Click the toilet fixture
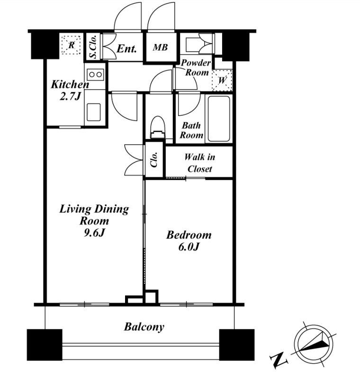tap(158, 128)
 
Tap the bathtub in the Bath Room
tap(219, 119)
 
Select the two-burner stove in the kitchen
tap(95, 74)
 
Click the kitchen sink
tap(93, 112)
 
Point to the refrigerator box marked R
tap(71, 45)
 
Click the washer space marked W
tap(222, 80)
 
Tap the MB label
tap(160, 47)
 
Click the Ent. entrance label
tap(127, 49)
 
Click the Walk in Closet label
tap(200, 163)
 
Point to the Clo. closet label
tap(154, 159)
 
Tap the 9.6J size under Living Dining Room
tap(94, 233)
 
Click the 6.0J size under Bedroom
tap(189, 247)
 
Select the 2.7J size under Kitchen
tap(70, 96)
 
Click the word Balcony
tap(144, 327)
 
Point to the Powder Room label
tap(196, 67)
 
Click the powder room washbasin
tap(193, 45)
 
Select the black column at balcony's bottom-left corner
tap(45, 345)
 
